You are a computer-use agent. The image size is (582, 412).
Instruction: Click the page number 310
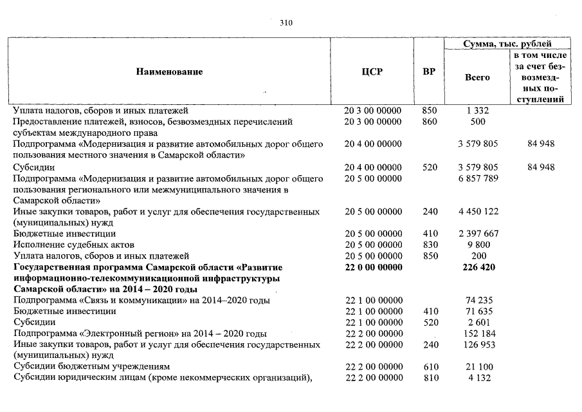(x=286, y=23)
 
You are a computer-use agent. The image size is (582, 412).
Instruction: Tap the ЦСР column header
(x=372, y=71)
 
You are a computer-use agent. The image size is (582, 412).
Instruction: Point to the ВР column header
(x=428, y=71)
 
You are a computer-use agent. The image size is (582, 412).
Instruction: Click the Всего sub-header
(x=477, y=77)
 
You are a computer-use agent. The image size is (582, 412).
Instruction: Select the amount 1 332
(x=477, y=111)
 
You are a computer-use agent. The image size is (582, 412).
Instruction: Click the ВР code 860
(x=429, y=121)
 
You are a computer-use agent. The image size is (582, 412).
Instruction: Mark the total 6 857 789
(x=477, y=178)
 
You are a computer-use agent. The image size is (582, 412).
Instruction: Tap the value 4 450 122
(x=477, y=211)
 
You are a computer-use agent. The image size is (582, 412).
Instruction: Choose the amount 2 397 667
(x=477, y=234)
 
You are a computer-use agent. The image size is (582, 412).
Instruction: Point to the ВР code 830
(x=429, y=245)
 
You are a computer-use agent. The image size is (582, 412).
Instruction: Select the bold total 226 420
(x=477, y=267)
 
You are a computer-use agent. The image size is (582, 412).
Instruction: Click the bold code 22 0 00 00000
(x=373, y=267)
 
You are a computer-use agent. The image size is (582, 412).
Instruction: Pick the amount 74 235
(x=477, y=300)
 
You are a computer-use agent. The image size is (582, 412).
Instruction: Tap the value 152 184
(x=477, y=333)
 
